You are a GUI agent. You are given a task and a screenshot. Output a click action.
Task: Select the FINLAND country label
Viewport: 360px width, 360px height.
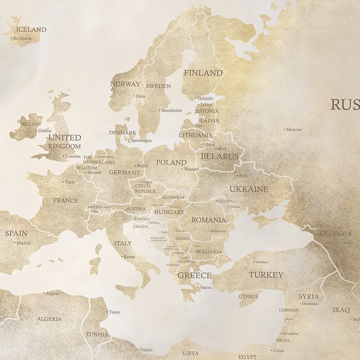203,73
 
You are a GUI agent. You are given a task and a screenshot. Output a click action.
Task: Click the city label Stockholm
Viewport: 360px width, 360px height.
172,111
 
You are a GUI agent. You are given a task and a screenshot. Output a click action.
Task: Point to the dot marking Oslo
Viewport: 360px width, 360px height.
134,96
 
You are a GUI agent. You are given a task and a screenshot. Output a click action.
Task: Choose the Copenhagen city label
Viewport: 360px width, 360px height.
140,140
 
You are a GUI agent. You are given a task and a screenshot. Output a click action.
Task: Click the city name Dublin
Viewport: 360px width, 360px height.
45,131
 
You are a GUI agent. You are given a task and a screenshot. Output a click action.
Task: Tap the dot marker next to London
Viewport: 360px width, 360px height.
63,156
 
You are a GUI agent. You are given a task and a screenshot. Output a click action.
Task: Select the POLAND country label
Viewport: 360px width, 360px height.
171,162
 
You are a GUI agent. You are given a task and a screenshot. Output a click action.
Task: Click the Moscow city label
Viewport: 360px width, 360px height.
294,130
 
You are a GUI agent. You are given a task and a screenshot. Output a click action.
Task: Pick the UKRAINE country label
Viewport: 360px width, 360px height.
249,189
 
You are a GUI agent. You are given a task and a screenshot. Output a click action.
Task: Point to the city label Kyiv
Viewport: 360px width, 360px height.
244,176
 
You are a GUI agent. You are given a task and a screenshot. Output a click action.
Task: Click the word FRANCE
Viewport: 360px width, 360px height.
66,201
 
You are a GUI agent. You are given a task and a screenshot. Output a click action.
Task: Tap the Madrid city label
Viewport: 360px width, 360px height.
24,243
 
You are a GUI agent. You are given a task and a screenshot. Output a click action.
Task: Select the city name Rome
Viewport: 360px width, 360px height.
129,257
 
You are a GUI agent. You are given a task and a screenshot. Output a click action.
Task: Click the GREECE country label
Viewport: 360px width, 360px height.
194,275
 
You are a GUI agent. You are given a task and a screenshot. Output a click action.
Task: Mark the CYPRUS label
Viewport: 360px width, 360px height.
248,297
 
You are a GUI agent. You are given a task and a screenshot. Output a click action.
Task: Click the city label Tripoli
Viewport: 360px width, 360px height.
146,350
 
